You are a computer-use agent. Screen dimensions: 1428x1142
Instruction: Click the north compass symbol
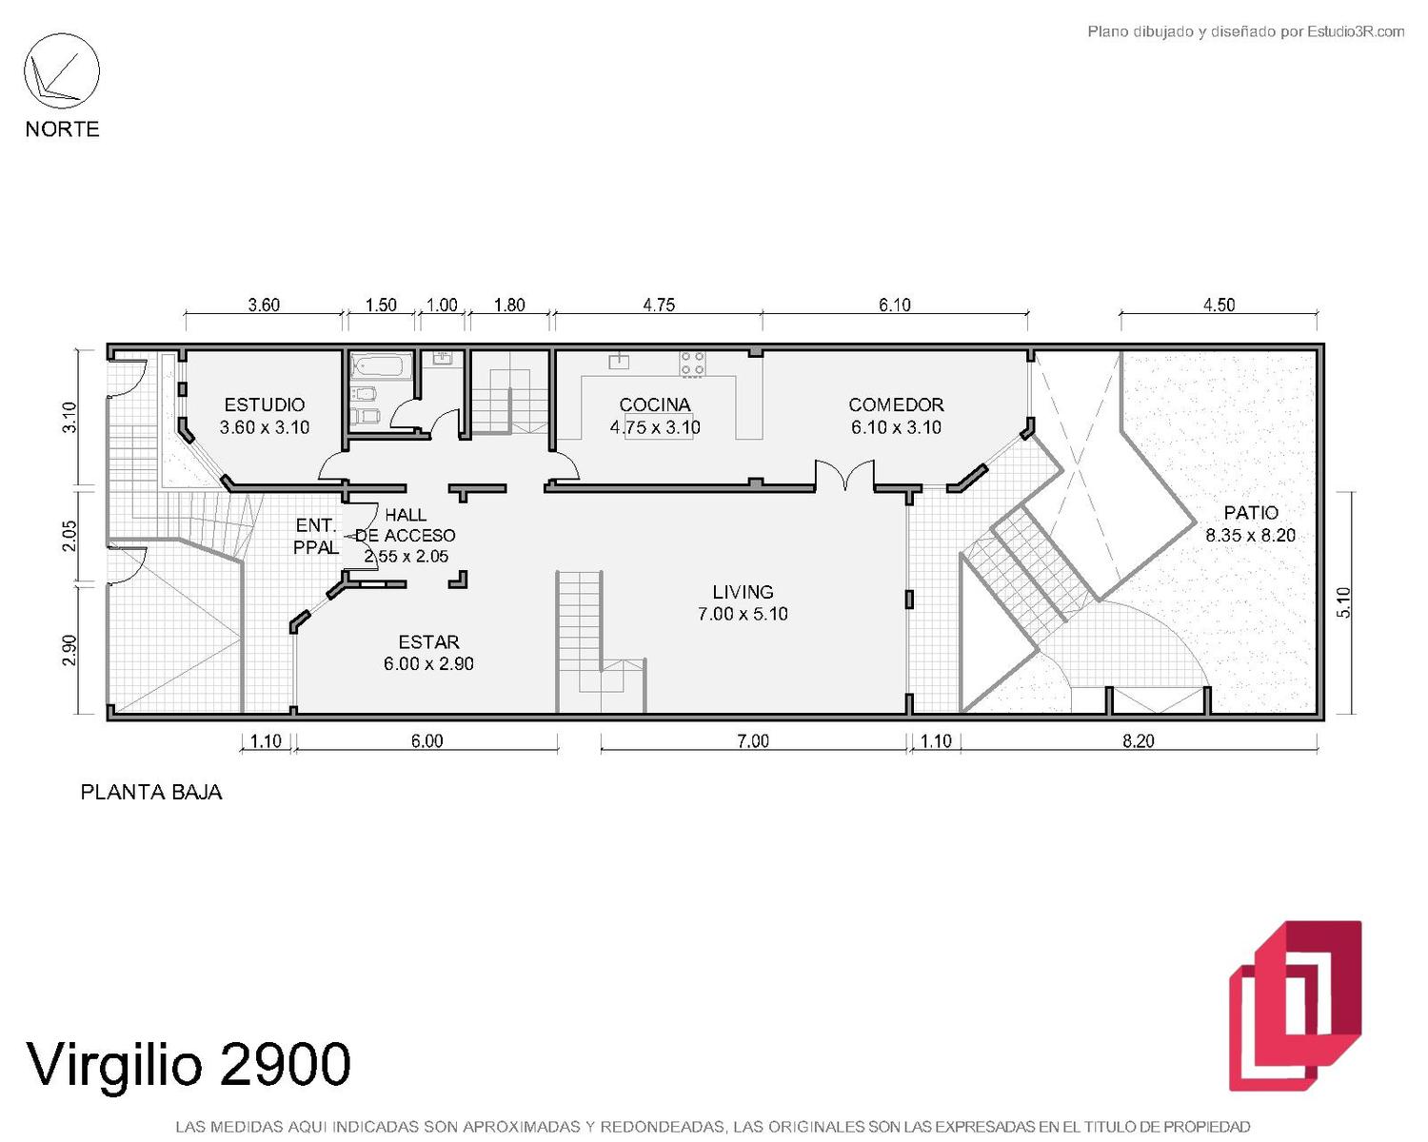pyautogui.click(x=62, y=71)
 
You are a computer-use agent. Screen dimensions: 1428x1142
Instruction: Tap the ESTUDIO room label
pyautogui.click(x=264, y=404)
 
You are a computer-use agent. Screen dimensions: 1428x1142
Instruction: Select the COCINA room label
pyautogui.click(x=654, y=404)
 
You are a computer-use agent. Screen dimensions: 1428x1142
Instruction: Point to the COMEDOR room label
pyautogui.click(x=896, y=404)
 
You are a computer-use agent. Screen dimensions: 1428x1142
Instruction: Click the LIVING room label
pyautogui.click(x=743, y=592)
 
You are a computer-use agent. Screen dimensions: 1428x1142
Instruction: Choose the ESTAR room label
pyautogui.click(x=428, y=642)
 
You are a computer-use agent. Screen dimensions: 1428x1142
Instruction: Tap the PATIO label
pyautogui.click(x=1251, y=513)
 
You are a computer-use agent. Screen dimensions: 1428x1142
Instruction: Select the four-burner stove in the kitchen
pyautogui.click(x=692, y=364)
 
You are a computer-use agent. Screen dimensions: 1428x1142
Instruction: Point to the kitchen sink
pyautogui.click(x=619, y=361)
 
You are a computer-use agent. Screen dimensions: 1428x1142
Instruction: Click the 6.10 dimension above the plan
pyautogui.click(x=895, y=305)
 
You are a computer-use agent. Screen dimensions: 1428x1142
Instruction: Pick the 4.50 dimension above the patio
pyautogui.click(x=1219, y=305)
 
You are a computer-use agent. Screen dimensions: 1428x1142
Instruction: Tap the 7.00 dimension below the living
pyautogui.click(x=753, y=740)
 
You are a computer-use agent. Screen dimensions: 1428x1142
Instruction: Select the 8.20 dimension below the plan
pyautogui.click(x=1139, y=740)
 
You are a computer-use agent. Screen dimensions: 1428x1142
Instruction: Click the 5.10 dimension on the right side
pyautogui.click(x=1342, y=602)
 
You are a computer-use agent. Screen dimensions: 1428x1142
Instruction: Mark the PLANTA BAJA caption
pyautogui.click(x=151, y=793)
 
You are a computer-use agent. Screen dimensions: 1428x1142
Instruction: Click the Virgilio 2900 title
pyautogui.click(x=188, y=1065)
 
